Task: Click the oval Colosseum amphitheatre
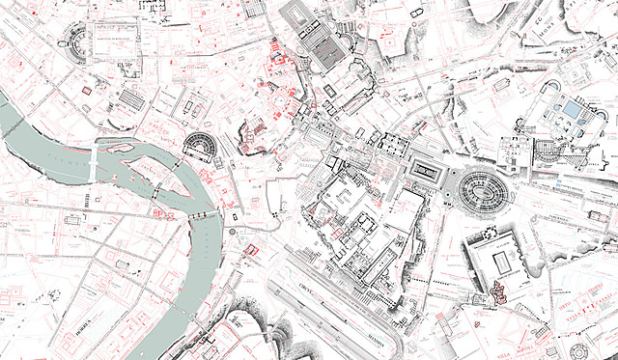pos(481,191)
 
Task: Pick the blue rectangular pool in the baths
pos(572,110)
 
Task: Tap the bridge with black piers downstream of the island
pos(203,214)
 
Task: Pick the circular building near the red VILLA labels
pos(578,349)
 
